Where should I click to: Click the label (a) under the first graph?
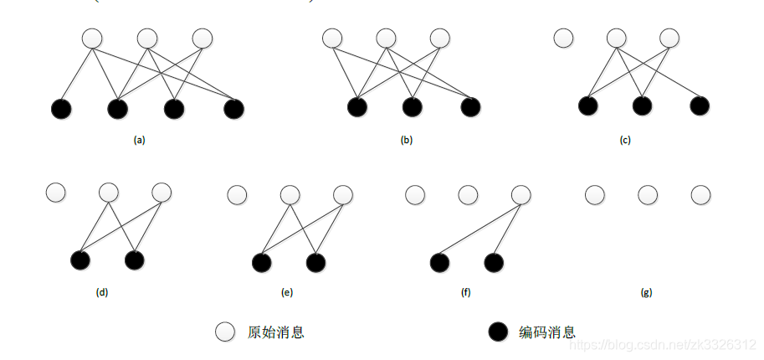140,141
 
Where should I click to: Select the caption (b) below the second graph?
407,141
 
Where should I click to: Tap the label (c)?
625,141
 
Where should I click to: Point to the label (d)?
102,293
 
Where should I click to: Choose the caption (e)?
287,293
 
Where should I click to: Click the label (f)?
466,293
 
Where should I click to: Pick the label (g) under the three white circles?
646,293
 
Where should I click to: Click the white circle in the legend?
224,332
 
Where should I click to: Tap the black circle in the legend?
498,332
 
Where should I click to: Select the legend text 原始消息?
276,332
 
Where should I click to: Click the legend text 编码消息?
547,332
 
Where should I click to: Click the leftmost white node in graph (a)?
92,39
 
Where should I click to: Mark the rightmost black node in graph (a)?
233,108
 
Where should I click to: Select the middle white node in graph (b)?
386,39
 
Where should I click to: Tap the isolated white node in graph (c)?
563,39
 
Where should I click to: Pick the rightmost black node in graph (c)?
699,106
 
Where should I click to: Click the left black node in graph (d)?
81,260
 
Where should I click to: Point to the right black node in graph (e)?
315,263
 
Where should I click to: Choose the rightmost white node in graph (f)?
520,195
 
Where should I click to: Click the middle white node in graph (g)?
648,195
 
